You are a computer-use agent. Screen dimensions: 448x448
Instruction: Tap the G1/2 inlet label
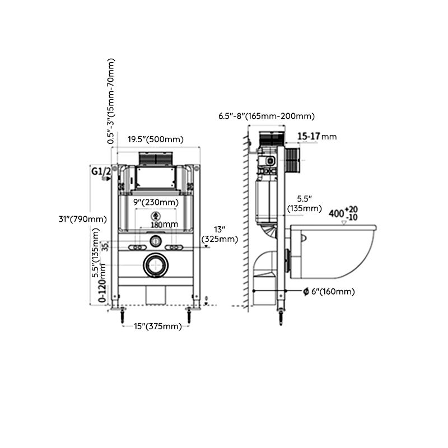[x=101, y=172]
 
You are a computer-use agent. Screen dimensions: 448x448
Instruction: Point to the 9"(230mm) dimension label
[x=156, y=202]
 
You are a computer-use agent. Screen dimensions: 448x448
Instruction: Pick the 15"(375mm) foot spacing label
[x=157, y=326]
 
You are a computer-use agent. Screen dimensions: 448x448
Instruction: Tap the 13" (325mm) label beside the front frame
[x=220, y=234]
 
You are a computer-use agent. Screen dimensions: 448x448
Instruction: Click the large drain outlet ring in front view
[x=156, y=265]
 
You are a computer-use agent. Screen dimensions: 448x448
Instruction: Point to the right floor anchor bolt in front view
[x=191, y=315]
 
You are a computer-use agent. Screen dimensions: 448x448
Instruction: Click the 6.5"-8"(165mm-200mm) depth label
[x=267, y=116]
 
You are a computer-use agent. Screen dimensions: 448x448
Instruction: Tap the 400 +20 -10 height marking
[x=343, y=213]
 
